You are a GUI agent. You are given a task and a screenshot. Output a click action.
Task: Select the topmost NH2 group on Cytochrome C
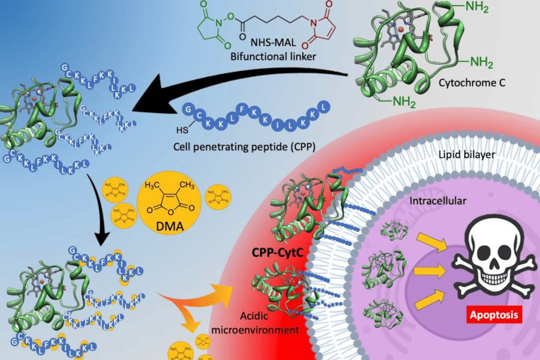(488, 9)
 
